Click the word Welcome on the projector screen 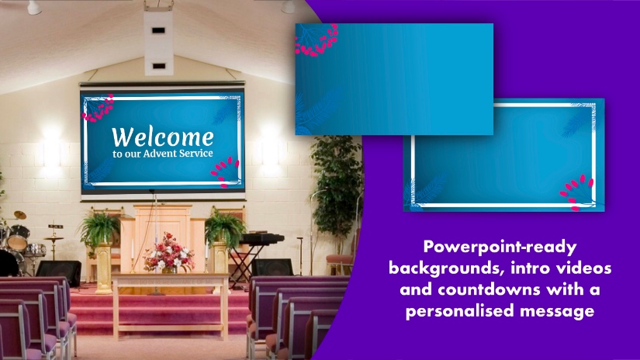pyautogui.click(x=162, y=137)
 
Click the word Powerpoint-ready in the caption pyautogui.click(x=500, y=247)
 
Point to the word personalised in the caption pyautogui.click(x=460, y=311)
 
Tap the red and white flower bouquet pyautogui.click(x=168, y=253)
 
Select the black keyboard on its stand pyautogui.click(x=261, y=238)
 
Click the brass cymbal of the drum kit pyautogui.click(x=20, y=215)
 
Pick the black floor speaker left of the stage pyautogui.click(x=58, y=272)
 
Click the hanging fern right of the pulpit pyautogui.click(x=225, y=228)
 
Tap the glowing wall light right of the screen pyautogui.click(x=270, y=145)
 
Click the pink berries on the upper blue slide pyautogui.click(x=317, y=40)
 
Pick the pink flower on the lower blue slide pyautogui.click(x=576, y=192)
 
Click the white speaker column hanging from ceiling pyautogui.click(x=158, y=42)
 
